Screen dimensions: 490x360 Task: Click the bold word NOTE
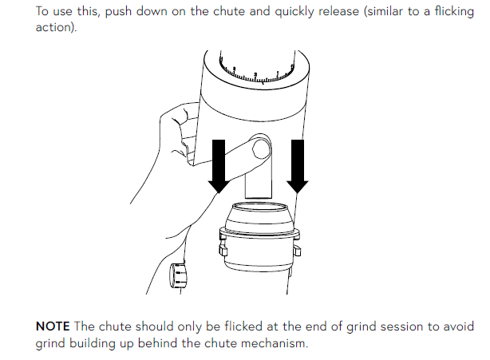pos(53,326)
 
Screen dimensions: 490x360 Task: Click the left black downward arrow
pos(219,166)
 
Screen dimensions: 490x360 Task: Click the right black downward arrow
pos(298,166)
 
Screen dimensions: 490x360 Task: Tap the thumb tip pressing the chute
pos(261,148)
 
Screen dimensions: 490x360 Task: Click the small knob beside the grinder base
pos(178,275)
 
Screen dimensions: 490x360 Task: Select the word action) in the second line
pos(56,27)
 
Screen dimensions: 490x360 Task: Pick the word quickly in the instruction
pos(294,12)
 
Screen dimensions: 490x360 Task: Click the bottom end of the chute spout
pos(259,197)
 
